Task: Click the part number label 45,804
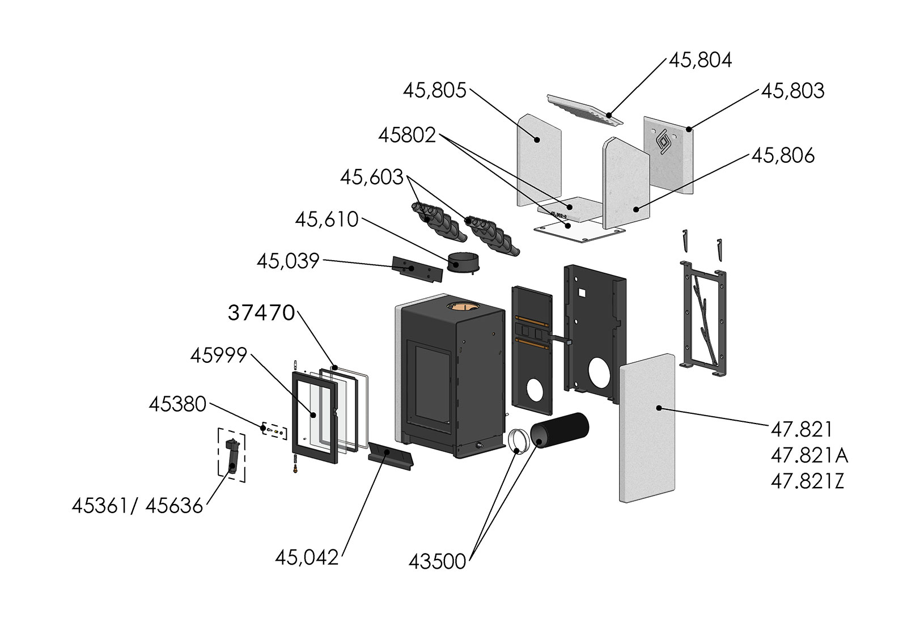point(700,60)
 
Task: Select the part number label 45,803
point(792,91)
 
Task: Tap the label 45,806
point(782,156)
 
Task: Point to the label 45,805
point(434,90)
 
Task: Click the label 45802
point(407,135)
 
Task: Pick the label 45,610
point(327,219)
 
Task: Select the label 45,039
point(288,261)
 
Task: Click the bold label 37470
point(261,312)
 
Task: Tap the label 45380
point(177,404)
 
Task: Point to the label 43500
point(437,562)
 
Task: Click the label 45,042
point(307,557)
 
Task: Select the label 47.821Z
point(807,482)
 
